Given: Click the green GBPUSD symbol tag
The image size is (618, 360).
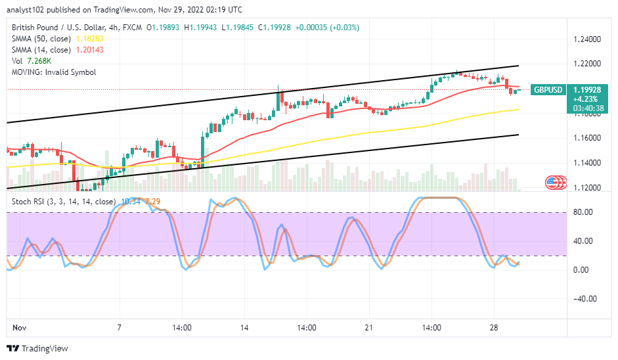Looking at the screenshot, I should [x=547, y=89].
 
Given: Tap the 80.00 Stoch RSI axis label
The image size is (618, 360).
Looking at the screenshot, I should [x=583, y=212].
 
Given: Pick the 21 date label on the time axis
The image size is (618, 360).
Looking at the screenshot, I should [x=368, y=327].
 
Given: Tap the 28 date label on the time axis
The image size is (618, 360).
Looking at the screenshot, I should [x=495, y=327].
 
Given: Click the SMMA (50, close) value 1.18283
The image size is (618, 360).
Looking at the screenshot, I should [x=90, y=39].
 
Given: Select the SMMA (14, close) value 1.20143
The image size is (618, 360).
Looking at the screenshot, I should [x=90, y=50].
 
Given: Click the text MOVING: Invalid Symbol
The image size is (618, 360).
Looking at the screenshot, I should [x=53, y=72].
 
